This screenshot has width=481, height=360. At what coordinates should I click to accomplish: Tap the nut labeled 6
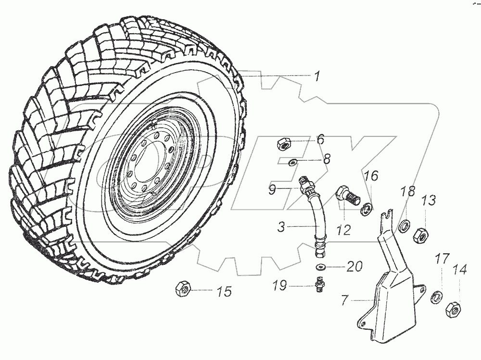[284, 143]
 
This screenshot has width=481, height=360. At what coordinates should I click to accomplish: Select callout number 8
[326, 159]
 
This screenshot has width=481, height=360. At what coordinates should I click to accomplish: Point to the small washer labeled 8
[292, 163]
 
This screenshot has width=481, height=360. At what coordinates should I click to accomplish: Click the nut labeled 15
[184, 288]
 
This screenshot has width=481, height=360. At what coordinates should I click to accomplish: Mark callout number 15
[224, 291]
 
